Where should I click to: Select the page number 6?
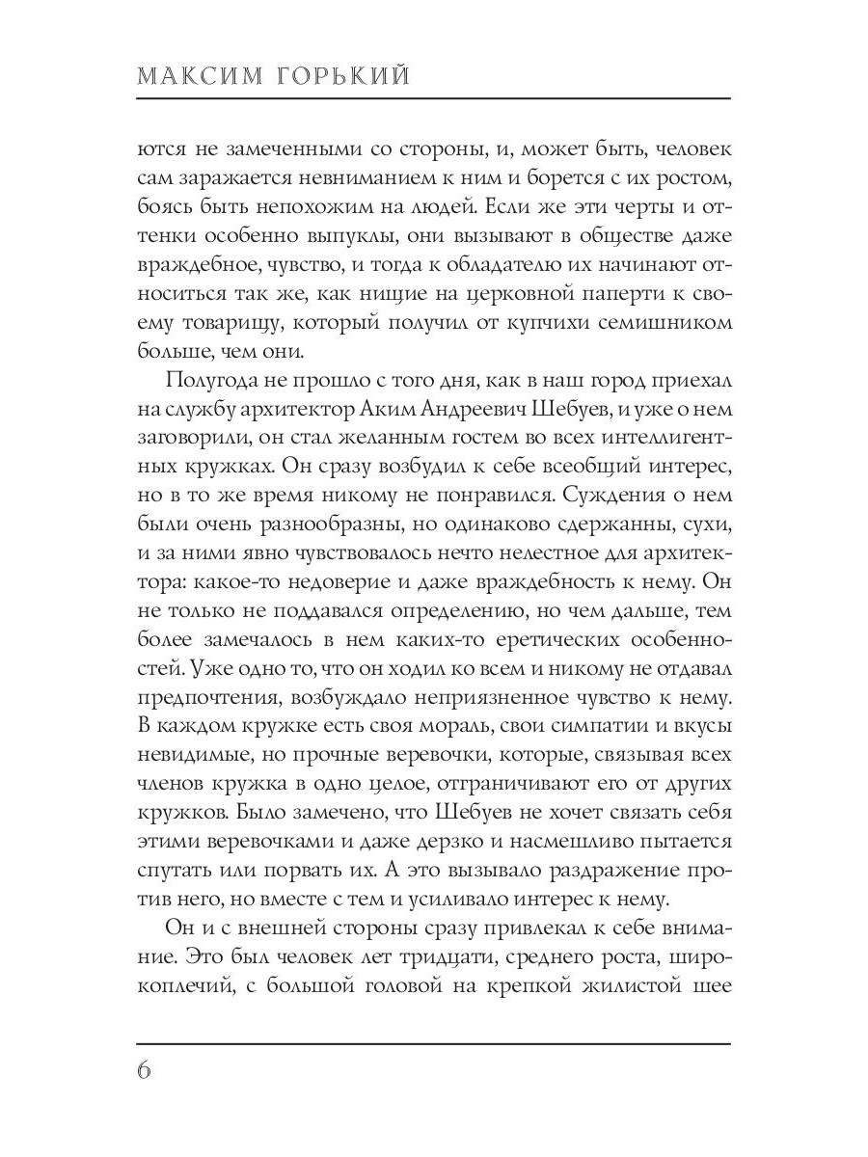click(148, 1071)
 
